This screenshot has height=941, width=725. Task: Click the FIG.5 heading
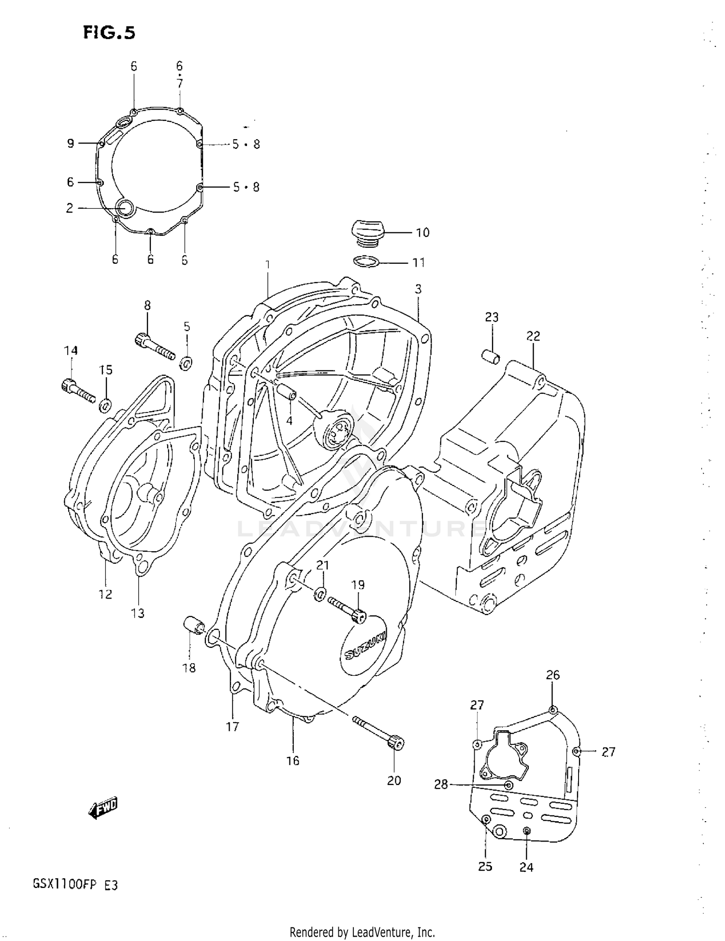[109, 33]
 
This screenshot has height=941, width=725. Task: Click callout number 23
[492, 317]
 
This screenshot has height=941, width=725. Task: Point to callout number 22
[533, 336]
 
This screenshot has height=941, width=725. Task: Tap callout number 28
[441, 785]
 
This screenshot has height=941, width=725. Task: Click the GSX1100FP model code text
[75, 885]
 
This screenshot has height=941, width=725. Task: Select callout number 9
[71, 143]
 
